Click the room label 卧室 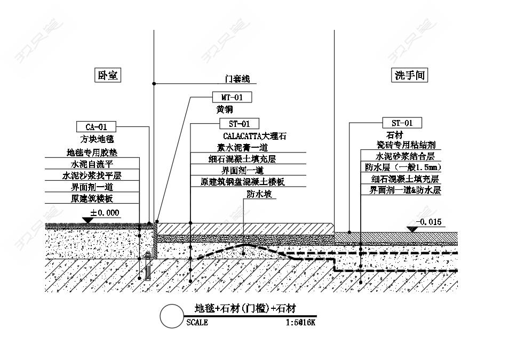pos(108,75)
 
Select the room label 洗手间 pos(410,75)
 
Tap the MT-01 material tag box pos(232,98)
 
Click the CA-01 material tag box pos(96,126)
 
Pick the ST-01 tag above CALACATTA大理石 pos(239,124)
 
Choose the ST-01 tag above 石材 pos(402,123)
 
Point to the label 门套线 pos(237,79)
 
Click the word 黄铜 pos(225,109)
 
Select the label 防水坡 pos(259,194)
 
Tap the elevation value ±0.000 pos(105,213)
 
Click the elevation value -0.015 pos(429,222)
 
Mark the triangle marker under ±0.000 pos(88,220)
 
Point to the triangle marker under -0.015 pos(412,229)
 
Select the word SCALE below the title pos(197,323)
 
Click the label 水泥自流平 pos(92,164)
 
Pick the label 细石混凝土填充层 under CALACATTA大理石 pos(242,159)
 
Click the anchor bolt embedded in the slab pos(148,266)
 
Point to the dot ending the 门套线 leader pos(154,84)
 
